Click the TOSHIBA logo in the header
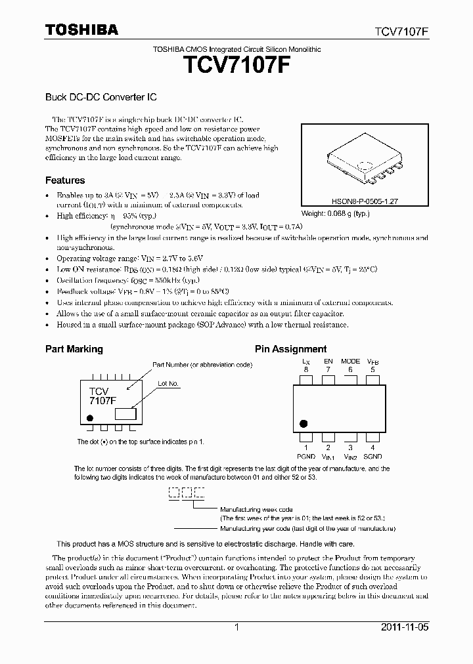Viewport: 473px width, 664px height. tap(81, 30)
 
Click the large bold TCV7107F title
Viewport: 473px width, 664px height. tap(236, 68)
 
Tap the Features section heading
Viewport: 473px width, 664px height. tap(64, 180)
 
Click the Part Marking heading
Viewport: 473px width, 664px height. tap(74, 349)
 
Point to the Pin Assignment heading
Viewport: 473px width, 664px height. tap(290, 349)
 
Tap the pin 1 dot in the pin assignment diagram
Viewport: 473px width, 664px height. tap(304, 424)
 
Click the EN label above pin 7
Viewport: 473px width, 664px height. tap(328, 362)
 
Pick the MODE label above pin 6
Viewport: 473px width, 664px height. tap(350, 362)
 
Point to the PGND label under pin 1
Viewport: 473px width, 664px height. tap(306, 456)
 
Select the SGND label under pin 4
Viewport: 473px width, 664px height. tap(372, 456)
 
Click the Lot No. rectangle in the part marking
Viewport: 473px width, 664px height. tap(125, 413)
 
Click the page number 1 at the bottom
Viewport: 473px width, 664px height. tap(236, 627)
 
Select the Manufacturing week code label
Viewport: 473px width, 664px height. tap(256, 509)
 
